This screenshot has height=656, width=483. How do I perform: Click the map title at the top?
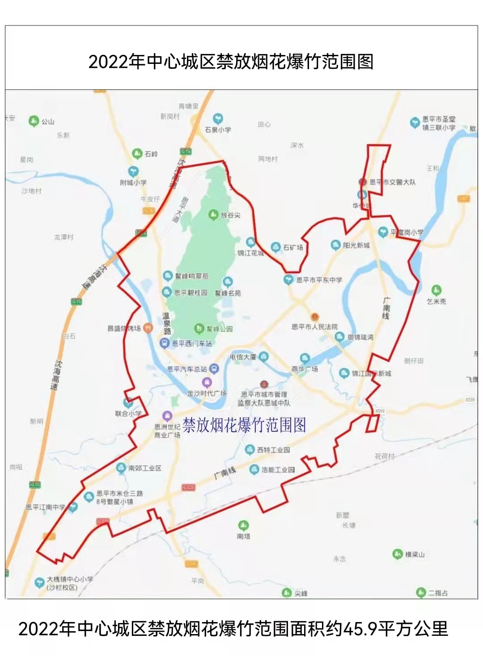[x=231, y=62]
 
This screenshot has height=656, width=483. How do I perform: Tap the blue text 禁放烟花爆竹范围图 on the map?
[x=244, y=425]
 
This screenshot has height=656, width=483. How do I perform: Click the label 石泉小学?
[x=218, y=130]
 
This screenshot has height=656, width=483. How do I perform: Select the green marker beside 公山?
[x=34, y=121]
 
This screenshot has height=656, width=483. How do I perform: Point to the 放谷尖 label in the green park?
[x=230, y=215]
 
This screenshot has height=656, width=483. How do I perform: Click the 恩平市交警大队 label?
[x=392, y=182]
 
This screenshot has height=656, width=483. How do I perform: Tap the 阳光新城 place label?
[x=356, y=245]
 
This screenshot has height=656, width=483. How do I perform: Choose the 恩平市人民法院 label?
[x=314, y=327]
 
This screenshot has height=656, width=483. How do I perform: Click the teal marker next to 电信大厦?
[x=263, y=356]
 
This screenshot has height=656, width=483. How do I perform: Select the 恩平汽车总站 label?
[x=187, y=369]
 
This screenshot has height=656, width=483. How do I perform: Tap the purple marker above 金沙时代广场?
[x=207, y=382]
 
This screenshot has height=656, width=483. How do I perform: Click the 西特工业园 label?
[x=274, y=450]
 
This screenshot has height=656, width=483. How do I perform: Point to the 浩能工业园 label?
[x=278, y=469]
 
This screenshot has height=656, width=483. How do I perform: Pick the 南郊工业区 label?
[x=144, y=468]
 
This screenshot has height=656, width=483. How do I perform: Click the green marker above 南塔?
[x=243, y=525]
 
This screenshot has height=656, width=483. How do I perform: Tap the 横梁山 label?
[x=415, y=554]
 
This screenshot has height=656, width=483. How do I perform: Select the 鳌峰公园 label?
[x=219, y=329]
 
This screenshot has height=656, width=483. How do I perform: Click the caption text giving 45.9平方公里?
[x=233, y=629]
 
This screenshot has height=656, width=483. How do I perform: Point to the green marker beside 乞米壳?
[x=436, y=290]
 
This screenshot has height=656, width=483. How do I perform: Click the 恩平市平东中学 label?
[x=319, y=280]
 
